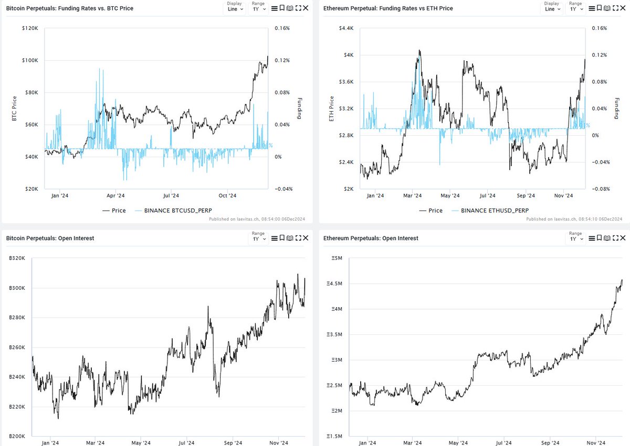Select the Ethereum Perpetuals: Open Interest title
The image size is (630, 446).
371,238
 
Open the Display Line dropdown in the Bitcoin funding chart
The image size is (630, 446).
235,9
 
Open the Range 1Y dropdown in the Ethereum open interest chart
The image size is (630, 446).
575,238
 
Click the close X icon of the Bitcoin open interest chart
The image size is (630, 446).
307,238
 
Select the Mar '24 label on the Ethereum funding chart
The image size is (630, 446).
413,196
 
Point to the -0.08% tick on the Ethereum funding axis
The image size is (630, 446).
600,189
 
